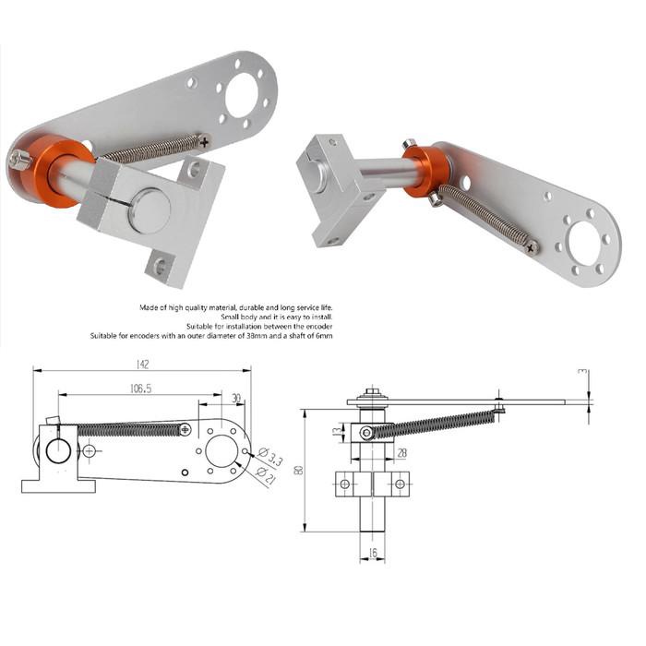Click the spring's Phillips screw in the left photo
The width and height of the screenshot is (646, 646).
tap(203, 139)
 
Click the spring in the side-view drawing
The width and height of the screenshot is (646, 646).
tap(434, 423)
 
